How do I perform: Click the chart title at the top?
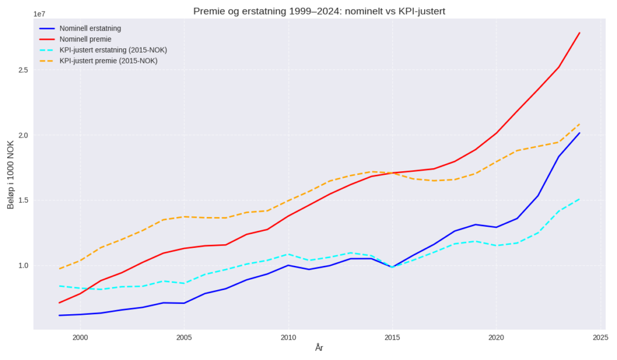coord(319,11)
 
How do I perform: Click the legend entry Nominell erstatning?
coord(90,28)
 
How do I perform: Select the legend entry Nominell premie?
coord(85,39)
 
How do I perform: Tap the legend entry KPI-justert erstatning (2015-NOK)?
coord(113,50)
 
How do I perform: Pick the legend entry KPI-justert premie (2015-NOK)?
coord(108,61)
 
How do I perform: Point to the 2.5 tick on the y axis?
coord(23,70)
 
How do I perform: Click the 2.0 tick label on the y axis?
coord(23,135)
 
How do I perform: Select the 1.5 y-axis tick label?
coord(23,200)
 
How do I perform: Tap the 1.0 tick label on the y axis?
coord(23,265)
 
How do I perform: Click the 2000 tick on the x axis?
coord(80,338)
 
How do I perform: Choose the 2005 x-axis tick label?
coord(184,338)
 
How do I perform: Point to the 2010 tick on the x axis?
coord(288,338)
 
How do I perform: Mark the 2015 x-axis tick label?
coord(392,338)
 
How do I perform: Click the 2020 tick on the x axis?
coord(496,338)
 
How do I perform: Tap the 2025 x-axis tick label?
coord(600,338)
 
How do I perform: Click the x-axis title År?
coord(319,348)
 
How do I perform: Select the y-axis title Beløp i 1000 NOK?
coord(10,174)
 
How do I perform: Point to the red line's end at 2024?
coord(580,33)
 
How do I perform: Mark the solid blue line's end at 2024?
coord(580,133)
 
